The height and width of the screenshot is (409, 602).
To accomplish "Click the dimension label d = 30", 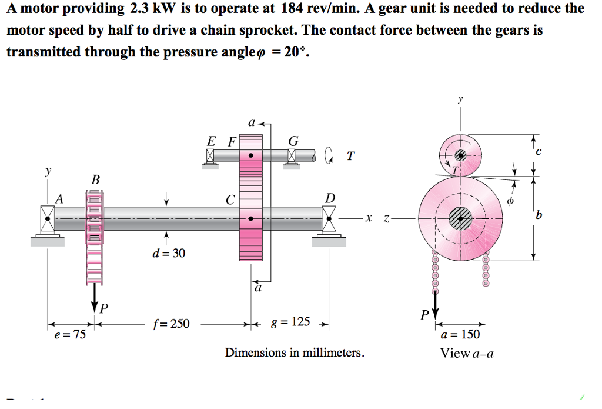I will [x=168, y=253].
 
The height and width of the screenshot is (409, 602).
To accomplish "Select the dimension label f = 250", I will [x=171, y=323].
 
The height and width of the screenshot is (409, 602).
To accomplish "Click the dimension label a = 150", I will [x=460, y=334].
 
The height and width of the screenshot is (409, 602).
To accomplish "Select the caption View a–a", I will [x=467, y=353].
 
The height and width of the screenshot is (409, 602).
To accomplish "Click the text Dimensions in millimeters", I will [x=295, y=353].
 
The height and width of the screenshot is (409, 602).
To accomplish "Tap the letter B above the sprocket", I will [x=95, y=179].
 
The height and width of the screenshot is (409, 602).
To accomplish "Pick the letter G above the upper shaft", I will [x=293, y=141].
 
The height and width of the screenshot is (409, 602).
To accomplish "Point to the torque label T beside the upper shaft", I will [x=350, y=156].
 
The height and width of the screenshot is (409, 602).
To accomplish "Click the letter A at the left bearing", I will [x=58, y=199].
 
